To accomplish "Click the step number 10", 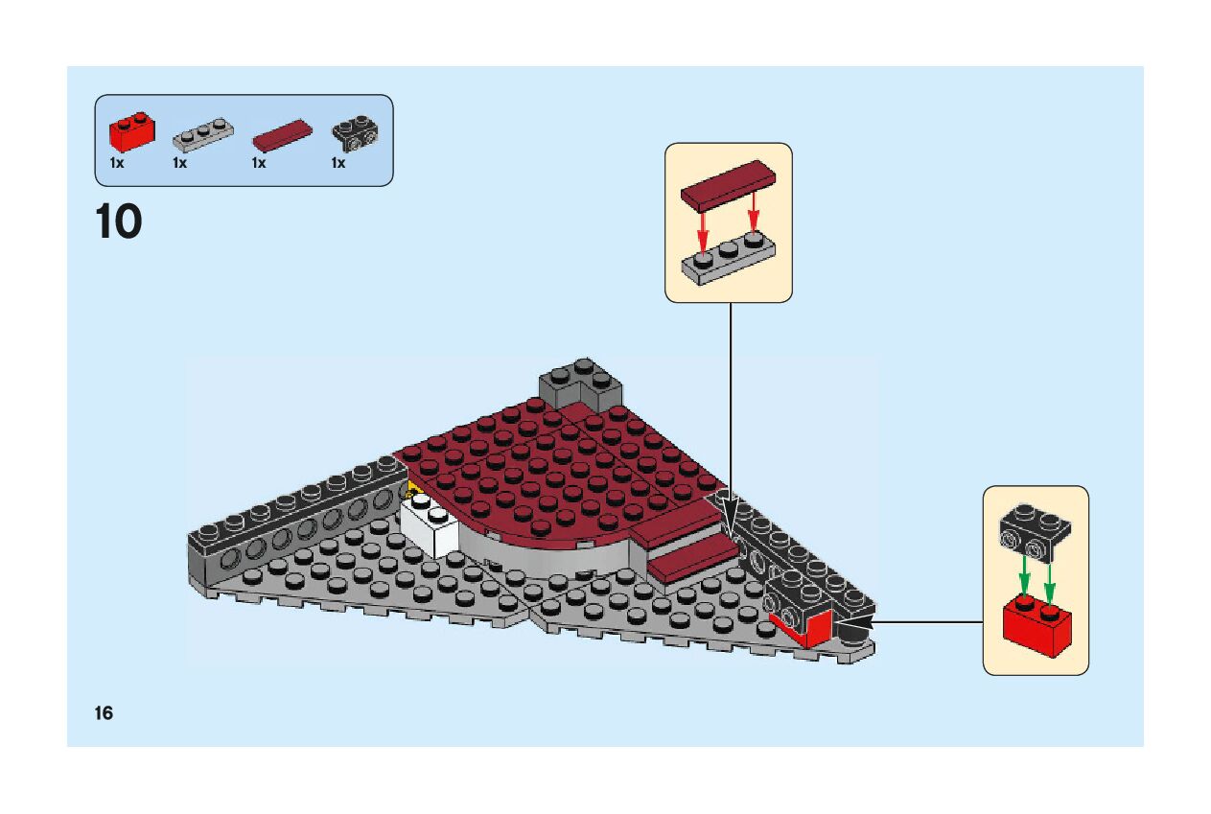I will coord(119,222).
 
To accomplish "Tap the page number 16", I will coord(104,713).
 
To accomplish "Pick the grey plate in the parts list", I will coord(203,135).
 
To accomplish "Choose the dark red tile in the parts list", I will coord(282,135).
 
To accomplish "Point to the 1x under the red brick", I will coord(117,164).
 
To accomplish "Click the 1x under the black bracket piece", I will coord(338,164).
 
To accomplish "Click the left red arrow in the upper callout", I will coord(702,227).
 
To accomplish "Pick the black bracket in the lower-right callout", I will coord(1034,532).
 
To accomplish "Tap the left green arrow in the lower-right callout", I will coord(1024,575).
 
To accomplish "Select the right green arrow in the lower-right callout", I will coord(1049,581).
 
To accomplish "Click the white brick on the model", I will coord(430,526).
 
